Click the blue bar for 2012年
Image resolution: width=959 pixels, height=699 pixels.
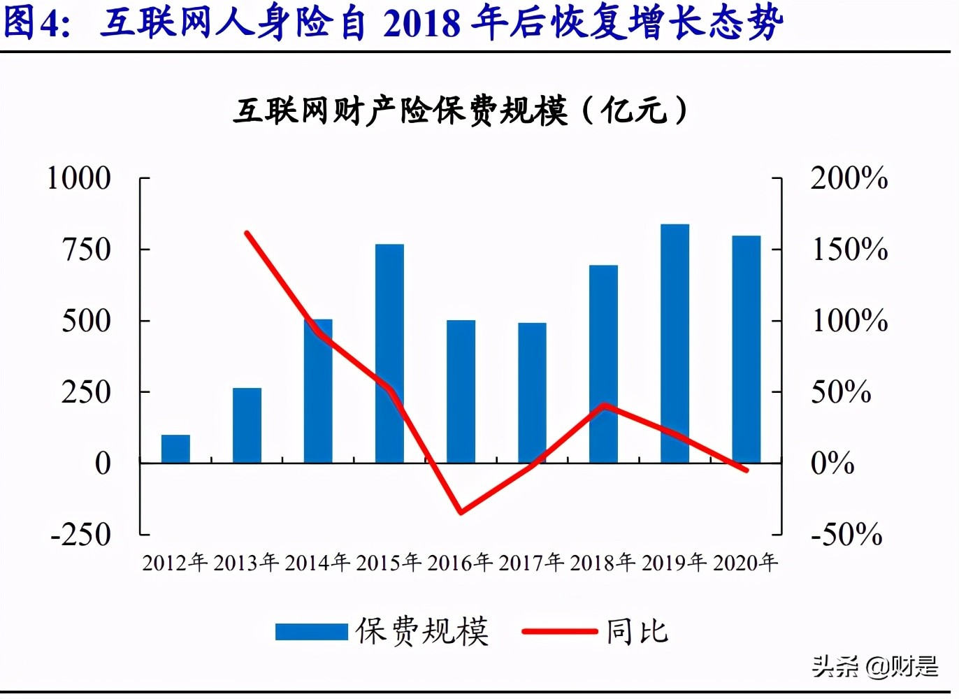(175, 449)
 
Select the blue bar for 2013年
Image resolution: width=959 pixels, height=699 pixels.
(247, 425)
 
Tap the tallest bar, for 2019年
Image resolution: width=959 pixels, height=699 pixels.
(675, 343)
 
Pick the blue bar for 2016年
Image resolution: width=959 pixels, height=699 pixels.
(461, 391)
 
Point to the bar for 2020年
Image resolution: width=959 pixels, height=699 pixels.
(746, 349)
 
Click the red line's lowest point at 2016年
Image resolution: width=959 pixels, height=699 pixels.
(461, 512)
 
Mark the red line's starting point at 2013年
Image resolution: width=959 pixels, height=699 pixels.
(247, 233)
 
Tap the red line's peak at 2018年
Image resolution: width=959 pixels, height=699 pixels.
(604, 405)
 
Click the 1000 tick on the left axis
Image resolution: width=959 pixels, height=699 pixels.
(79, 178)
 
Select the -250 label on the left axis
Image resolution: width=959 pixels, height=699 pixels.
(81, 535)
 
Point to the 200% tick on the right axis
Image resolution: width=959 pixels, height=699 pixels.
(849, 178)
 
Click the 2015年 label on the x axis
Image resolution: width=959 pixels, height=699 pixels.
(389, 563)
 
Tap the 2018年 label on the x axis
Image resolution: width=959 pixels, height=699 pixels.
(603, 563)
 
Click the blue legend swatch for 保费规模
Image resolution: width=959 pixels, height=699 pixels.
(311, 632)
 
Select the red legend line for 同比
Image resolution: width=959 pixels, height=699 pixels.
(560, 632)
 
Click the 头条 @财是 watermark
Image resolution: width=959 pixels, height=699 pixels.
(874, 666)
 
